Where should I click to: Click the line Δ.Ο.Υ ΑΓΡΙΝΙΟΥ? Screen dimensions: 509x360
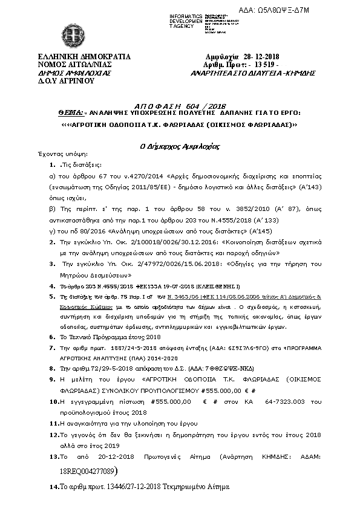click(x=58, y=79)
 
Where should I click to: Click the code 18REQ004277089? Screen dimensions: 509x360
click(x=91, y=470)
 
